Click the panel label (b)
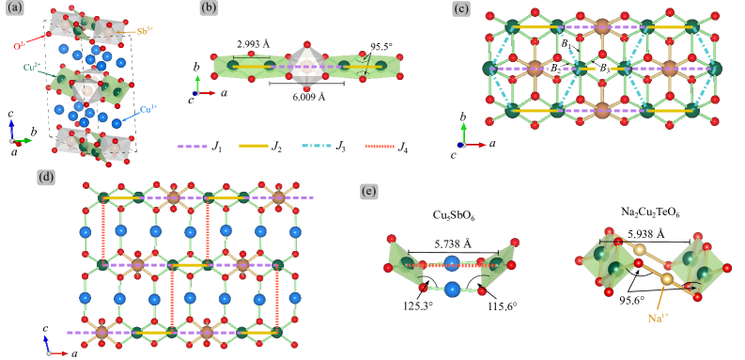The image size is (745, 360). pos(210,9)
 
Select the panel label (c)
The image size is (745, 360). pos(461,9)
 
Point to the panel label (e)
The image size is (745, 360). pos(370,192)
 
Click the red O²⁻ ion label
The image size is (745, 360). pos(19,45)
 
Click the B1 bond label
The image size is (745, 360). pos(566,43)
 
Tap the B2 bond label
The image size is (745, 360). pos(557,68)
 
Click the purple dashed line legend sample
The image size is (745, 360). pos(193,146)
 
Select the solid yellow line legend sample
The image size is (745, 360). pos(254,146)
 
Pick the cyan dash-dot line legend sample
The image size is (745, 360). pos(317,146)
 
